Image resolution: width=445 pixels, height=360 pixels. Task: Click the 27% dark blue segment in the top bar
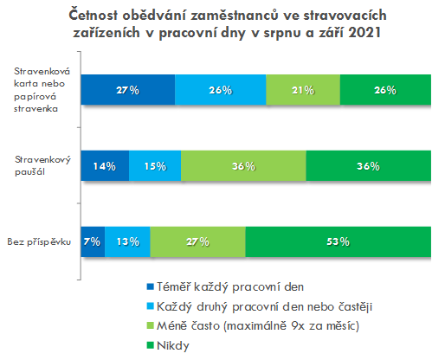click(128, 90)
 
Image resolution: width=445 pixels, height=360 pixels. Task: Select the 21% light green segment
click(303, 90)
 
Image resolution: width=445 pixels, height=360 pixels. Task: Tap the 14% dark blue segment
click(105, 166)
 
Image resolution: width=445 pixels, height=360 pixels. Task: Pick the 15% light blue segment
click(155, 166)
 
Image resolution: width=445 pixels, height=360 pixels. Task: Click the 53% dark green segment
click(339, 241)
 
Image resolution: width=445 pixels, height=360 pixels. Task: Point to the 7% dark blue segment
click(93, 241)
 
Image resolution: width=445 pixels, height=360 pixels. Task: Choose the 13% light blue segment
click(127, 241)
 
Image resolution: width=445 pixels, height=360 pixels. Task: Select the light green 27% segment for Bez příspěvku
click(198, 241)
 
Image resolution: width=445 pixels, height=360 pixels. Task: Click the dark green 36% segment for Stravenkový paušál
click(369, 166)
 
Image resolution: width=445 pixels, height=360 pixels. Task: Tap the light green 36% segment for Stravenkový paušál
click(243, 166)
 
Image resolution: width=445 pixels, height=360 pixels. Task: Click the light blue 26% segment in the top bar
click(221, 90)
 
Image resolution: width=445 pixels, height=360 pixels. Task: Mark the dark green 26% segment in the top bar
click(385, 90)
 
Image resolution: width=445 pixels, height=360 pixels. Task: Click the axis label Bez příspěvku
click(39, 242)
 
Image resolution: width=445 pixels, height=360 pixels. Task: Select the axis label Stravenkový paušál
click(42, 166)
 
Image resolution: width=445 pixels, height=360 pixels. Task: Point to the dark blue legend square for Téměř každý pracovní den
click(151, 286)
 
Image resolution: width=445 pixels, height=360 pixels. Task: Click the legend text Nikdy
click(173, 345)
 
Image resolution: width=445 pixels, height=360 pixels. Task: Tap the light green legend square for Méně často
click(151, 325)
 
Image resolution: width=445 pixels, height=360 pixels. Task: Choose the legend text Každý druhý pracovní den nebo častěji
click(265, 306)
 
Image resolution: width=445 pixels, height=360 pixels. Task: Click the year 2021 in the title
click(364, 32)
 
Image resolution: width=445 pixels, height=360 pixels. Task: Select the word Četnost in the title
click(93, 15)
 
